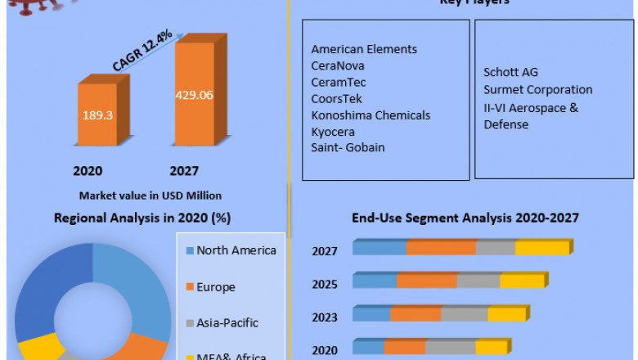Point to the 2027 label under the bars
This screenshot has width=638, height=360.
click(x=185, y=171)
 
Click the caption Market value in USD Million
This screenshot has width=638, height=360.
click(x=151, y=196)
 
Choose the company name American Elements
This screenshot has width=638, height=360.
click(x=364, y=49)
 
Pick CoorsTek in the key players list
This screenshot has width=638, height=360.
click(x=337, y=98)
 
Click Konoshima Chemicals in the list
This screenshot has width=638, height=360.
click(x=371, y=115)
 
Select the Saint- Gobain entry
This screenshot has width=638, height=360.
click(x=348, y=147)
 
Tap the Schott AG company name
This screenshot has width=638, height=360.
click(x=511, y=73)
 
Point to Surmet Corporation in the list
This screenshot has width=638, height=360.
click(x=537, y=90)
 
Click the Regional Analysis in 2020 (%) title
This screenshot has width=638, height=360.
click(x=142, y=218)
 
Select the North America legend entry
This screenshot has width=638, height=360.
click(x=236, y=250)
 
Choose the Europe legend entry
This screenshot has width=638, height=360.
click(x=215, y=287)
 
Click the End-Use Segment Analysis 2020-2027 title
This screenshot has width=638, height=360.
click(x=465, y=218)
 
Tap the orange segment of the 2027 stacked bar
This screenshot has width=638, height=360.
click(x=441, y=248)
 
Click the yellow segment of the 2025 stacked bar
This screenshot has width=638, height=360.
click(x=522, y=281)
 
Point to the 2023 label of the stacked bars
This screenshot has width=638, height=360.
click(x=325, y=317)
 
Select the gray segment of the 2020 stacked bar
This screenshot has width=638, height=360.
click(x=450, y=347)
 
